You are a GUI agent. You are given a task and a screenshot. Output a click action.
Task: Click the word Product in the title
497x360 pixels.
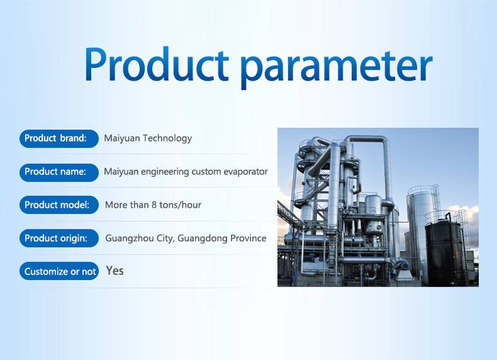point(156,64)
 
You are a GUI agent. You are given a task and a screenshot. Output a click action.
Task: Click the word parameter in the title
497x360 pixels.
point(337,68)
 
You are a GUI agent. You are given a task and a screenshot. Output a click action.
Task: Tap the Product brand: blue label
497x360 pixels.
point(59,138)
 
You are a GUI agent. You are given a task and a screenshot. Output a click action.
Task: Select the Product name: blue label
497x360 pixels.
point(59,172)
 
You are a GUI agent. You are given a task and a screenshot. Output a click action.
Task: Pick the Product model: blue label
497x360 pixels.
point(59,205)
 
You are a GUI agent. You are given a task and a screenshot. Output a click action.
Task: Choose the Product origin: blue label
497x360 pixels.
point(59,238)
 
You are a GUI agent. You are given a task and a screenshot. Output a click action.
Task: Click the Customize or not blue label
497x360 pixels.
point(59,271)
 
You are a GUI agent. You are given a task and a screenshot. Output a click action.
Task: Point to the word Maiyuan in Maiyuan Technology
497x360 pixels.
point(122,138)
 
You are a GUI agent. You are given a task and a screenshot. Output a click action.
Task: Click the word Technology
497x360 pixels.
point(167,138)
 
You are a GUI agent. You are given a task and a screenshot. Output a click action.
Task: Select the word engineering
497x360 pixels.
point(165,172)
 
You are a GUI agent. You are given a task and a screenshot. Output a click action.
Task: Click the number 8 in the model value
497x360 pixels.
point(154,205)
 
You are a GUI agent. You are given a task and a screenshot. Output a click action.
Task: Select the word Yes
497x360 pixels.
point(114,271)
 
